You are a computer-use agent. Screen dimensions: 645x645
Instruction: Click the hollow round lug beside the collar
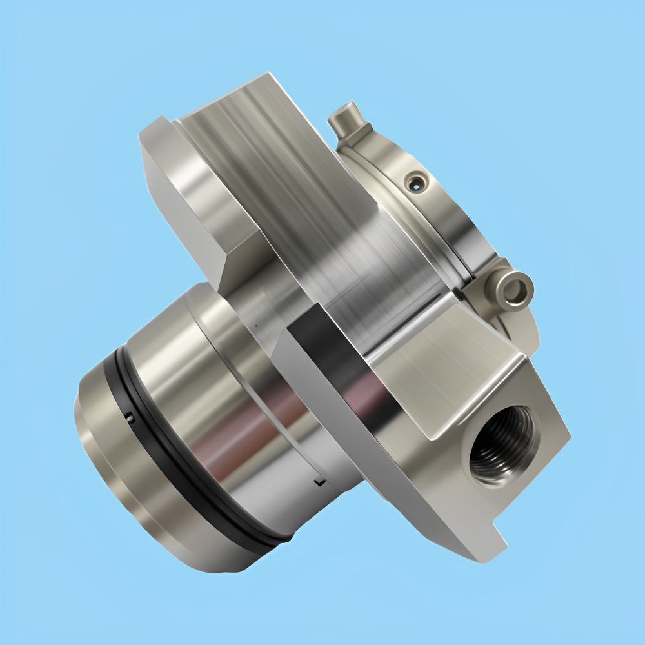[x=514, y=288]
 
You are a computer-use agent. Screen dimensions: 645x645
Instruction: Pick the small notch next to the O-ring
[x=130, y=418]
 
